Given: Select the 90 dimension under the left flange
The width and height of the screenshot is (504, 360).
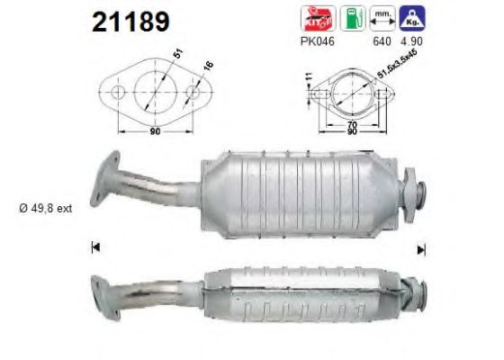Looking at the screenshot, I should (x=155, y=133).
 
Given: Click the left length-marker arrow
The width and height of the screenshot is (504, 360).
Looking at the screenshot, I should (x=94, y=246).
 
